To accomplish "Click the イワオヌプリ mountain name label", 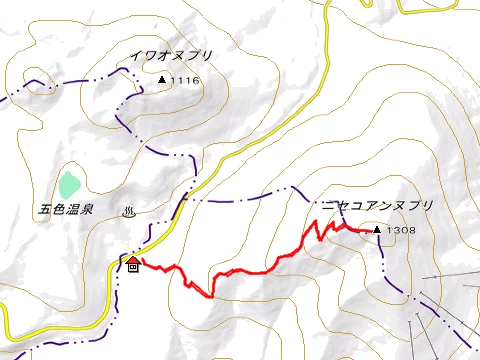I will point(172,56).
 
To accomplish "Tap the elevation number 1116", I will point(186,80).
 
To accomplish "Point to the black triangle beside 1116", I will point(162,79).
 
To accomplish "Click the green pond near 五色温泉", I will point(68,185).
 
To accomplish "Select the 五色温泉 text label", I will point(66,211).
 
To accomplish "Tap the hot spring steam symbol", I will point(128,211).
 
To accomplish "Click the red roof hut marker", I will point(133,259).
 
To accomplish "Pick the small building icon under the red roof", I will point(133,267).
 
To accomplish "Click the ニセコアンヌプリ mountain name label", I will point(377,206).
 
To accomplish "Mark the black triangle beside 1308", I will point(377,230).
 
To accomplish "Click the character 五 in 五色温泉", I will point(45,211).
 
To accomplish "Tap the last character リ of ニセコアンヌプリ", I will point(428,206).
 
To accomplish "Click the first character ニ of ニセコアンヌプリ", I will point(327,206).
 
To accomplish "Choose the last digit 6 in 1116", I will point(197,80).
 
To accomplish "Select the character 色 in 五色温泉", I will point(59,211).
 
